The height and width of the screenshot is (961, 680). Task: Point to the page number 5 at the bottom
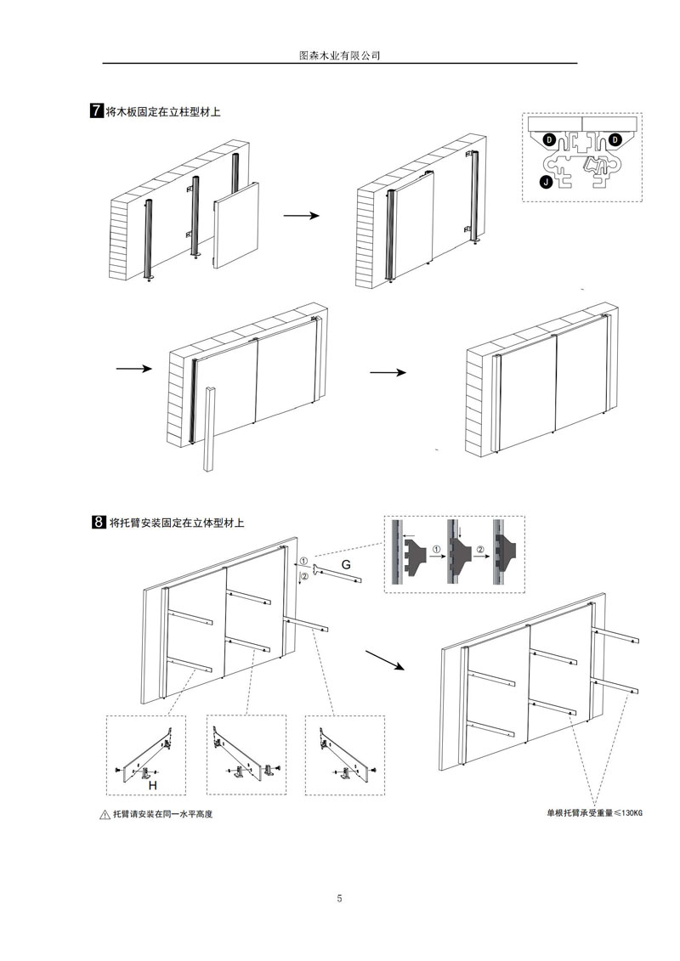point(339,898)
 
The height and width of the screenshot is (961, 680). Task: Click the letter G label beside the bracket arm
point(346,565)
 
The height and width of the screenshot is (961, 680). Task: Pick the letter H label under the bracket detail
point(153,787)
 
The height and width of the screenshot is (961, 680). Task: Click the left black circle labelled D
point(549,138)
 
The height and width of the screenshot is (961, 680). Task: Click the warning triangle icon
point(105,815)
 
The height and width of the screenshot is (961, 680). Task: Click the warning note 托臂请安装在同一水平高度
point(162,815)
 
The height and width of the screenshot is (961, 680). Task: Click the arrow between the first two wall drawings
point(301,216)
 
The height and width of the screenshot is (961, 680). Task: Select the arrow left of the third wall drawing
point(133,369)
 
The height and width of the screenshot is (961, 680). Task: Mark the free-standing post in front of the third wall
point(210,428)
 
